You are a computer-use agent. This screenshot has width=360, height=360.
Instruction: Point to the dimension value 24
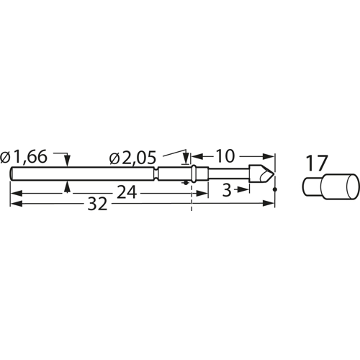coord(128,192)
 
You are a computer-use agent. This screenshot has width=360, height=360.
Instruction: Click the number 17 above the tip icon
coord(315,163)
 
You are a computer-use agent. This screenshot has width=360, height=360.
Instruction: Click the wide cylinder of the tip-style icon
coord(338,185)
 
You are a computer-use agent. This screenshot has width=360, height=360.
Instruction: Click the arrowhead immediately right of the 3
coord(246,189)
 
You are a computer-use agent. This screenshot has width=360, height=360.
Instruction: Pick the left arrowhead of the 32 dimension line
coord(15,204)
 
